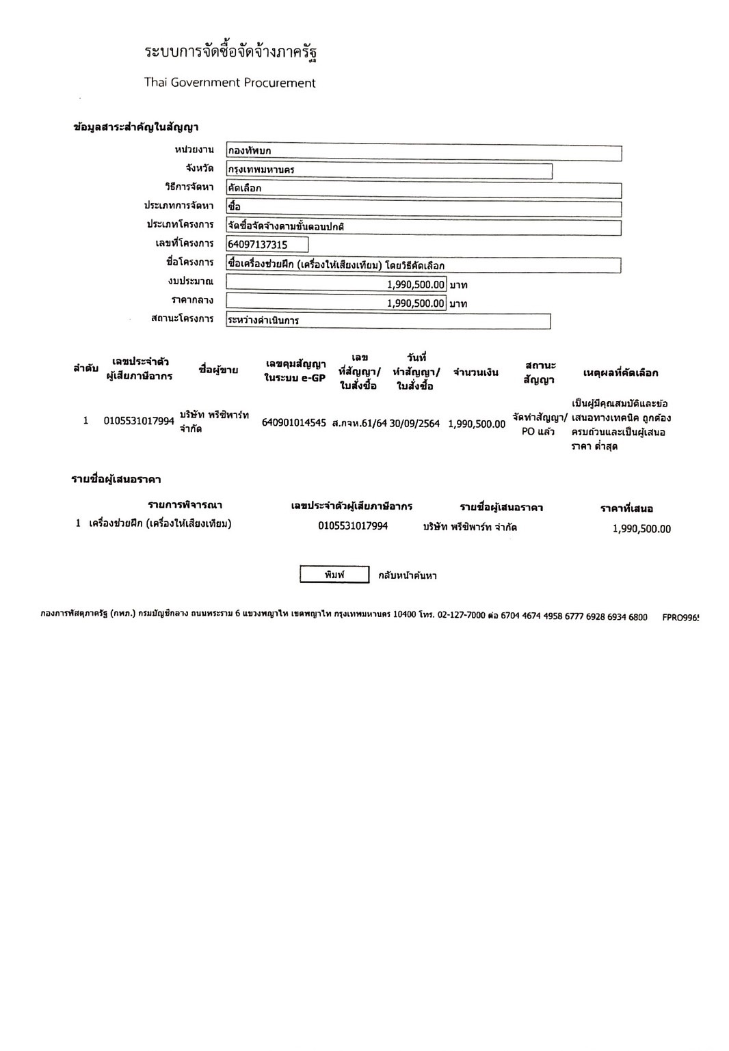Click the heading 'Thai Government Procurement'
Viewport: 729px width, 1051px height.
click(x=230, y=83)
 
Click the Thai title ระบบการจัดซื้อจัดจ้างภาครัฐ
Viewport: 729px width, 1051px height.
click(x=230, y=52)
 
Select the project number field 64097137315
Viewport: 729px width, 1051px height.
click(x=267, y=245)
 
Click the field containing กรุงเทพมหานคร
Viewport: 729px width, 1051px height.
click(x=388, y=170)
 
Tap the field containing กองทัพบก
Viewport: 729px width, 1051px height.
click(x=423, y=152)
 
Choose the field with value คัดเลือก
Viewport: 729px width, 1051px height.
click(x=423, y=189)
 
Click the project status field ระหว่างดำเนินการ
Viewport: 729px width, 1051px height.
click(x=388, y=320)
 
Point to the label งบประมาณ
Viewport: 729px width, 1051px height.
click(x=191, y=282)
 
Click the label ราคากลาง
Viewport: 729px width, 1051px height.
click(x=192, y=300)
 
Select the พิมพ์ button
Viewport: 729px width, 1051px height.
click(x=334, y=575)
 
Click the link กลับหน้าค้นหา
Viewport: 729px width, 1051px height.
click(x=408, y=575)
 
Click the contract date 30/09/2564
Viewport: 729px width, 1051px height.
click(x=414, y=423)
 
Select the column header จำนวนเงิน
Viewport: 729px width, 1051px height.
click(x=476, y=372)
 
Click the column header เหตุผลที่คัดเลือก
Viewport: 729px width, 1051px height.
click(x=620, y=372)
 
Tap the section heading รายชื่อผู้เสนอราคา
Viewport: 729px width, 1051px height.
click(x=116, y=479)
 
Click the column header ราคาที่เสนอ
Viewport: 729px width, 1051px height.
click(x=626, y=508)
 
